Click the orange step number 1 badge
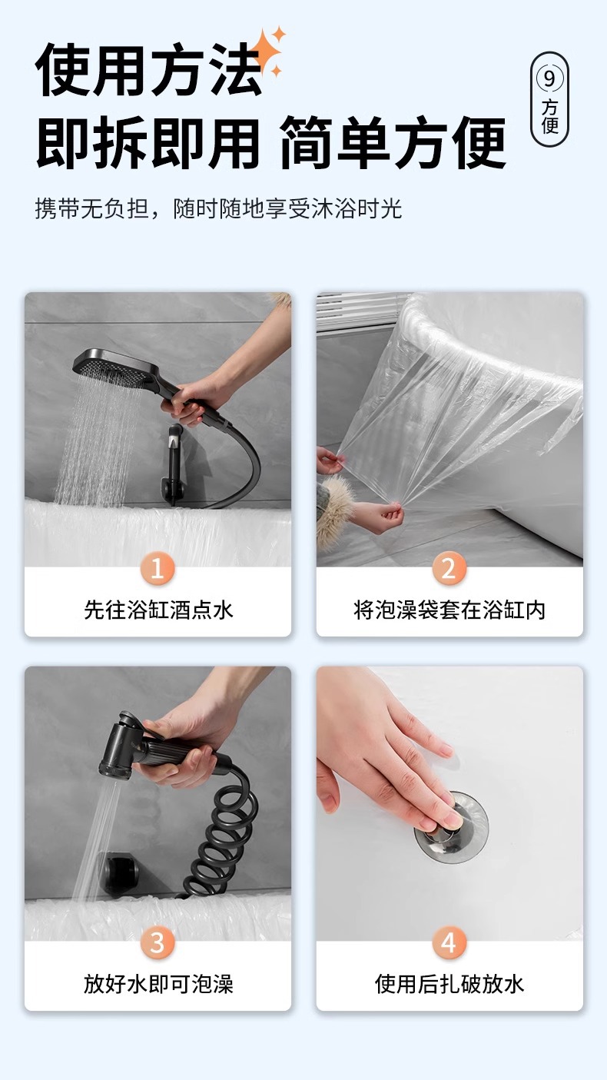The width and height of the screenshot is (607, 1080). (158, 569)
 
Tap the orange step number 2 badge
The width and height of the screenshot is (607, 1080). (449, 569)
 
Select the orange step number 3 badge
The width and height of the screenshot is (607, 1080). (158, 942)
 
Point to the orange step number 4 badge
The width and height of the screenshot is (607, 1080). (449, 942)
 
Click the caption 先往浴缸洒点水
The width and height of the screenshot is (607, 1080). (158, 610)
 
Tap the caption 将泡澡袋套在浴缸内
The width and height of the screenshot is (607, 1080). (449, 610)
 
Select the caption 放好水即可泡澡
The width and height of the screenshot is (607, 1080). (158, 984)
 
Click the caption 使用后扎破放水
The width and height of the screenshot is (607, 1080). (449, 984)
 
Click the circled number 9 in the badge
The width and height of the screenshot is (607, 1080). (549, 78)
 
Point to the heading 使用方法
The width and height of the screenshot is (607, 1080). (148, 69)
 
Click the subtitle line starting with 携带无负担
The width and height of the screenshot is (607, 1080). (218, 209)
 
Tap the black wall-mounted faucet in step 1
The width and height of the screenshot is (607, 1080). (172, 463)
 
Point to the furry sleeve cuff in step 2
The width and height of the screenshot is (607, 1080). (333, 507)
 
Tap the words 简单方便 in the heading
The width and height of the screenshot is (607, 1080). (393, 142)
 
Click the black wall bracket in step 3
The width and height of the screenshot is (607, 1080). (119, 872)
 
